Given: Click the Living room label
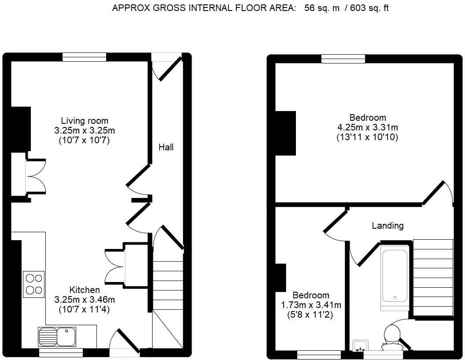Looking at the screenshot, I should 85,121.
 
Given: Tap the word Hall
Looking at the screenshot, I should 166,147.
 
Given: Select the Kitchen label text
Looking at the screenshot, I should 85,290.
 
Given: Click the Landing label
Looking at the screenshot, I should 387,226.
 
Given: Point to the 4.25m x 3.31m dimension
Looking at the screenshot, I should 368,127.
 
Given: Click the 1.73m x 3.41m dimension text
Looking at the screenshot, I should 311,305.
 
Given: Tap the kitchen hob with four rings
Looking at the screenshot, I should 33,284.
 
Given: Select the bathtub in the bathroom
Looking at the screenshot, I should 395,276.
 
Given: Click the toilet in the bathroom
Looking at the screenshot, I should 391,336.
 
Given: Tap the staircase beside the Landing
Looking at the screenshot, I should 433,278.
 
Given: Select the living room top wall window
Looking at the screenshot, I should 84,57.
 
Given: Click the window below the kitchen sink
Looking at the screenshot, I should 61,353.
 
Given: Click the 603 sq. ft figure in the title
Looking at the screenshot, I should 369,8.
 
